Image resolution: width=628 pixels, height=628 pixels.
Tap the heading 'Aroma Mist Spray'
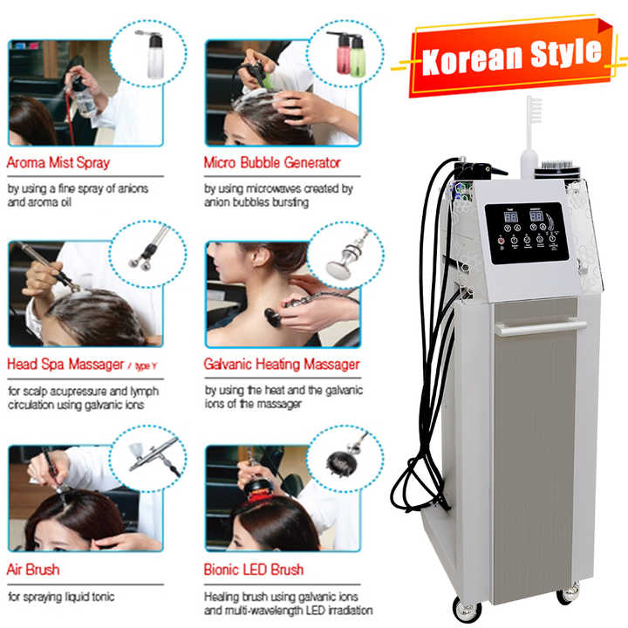[x=58, y=162]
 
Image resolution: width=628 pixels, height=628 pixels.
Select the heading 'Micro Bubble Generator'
[x=272, y=162]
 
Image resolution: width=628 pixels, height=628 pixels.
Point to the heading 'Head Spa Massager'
[x=65, y=364]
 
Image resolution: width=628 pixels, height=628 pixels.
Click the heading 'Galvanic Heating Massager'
[x=282, y=364]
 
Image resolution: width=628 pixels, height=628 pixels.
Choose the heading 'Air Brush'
[x=33, y=570]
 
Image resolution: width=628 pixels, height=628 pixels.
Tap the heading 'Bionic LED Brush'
[x=254, y=570]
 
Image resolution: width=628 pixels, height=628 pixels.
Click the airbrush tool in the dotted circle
[x=154, y=455]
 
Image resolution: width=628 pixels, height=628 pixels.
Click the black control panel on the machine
[x=527, y=233]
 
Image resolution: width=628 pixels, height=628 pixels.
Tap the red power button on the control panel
[x=501, y=241]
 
